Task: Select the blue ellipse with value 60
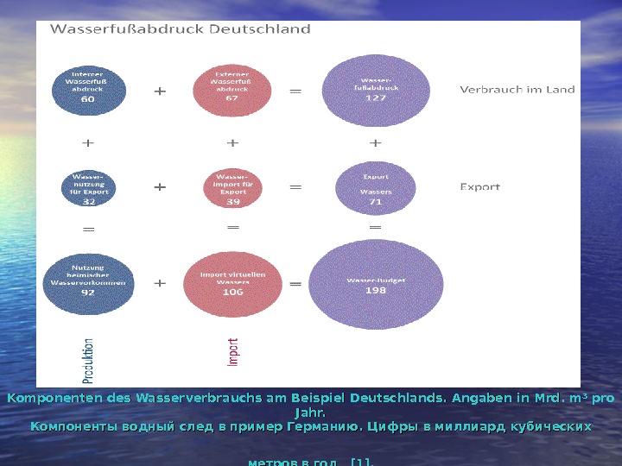click(x=88, y=86)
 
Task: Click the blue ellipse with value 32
click(x=89, y=189)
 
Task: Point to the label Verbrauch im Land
click(x=517, y=89)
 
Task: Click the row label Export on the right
click(x=479, y=186)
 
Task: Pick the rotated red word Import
click(x=233, y=352)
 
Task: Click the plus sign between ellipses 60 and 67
click(x=161, y=90)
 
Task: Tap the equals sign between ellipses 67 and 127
click(x=295, y=90)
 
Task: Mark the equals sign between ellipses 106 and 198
click(x=295, y=284)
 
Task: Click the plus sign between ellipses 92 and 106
click(x=161, y=282)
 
